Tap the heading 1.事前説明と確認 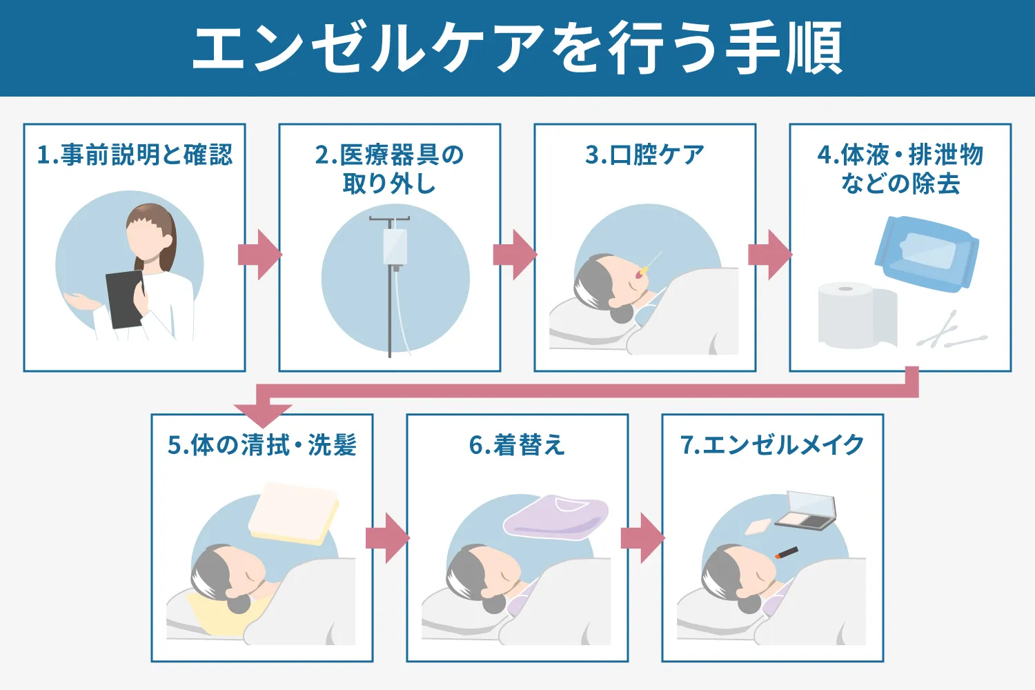(x=135, y=155)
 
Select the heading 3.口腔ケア (x=644, y=155)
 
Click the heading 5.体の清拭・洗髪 (x=262, y=445)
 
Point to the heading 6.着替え (x=517, y=445)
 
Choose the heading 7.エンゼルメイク (x=772, y=445)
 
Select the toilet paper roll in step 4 (x=852, y=315)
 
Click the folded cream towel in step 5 (x=293, y=513)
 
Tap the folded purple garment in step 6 (x=556, y=516)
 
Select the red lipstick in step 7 (x=787, y=553)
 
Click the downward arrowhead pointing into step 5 (x=263, y=414)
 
